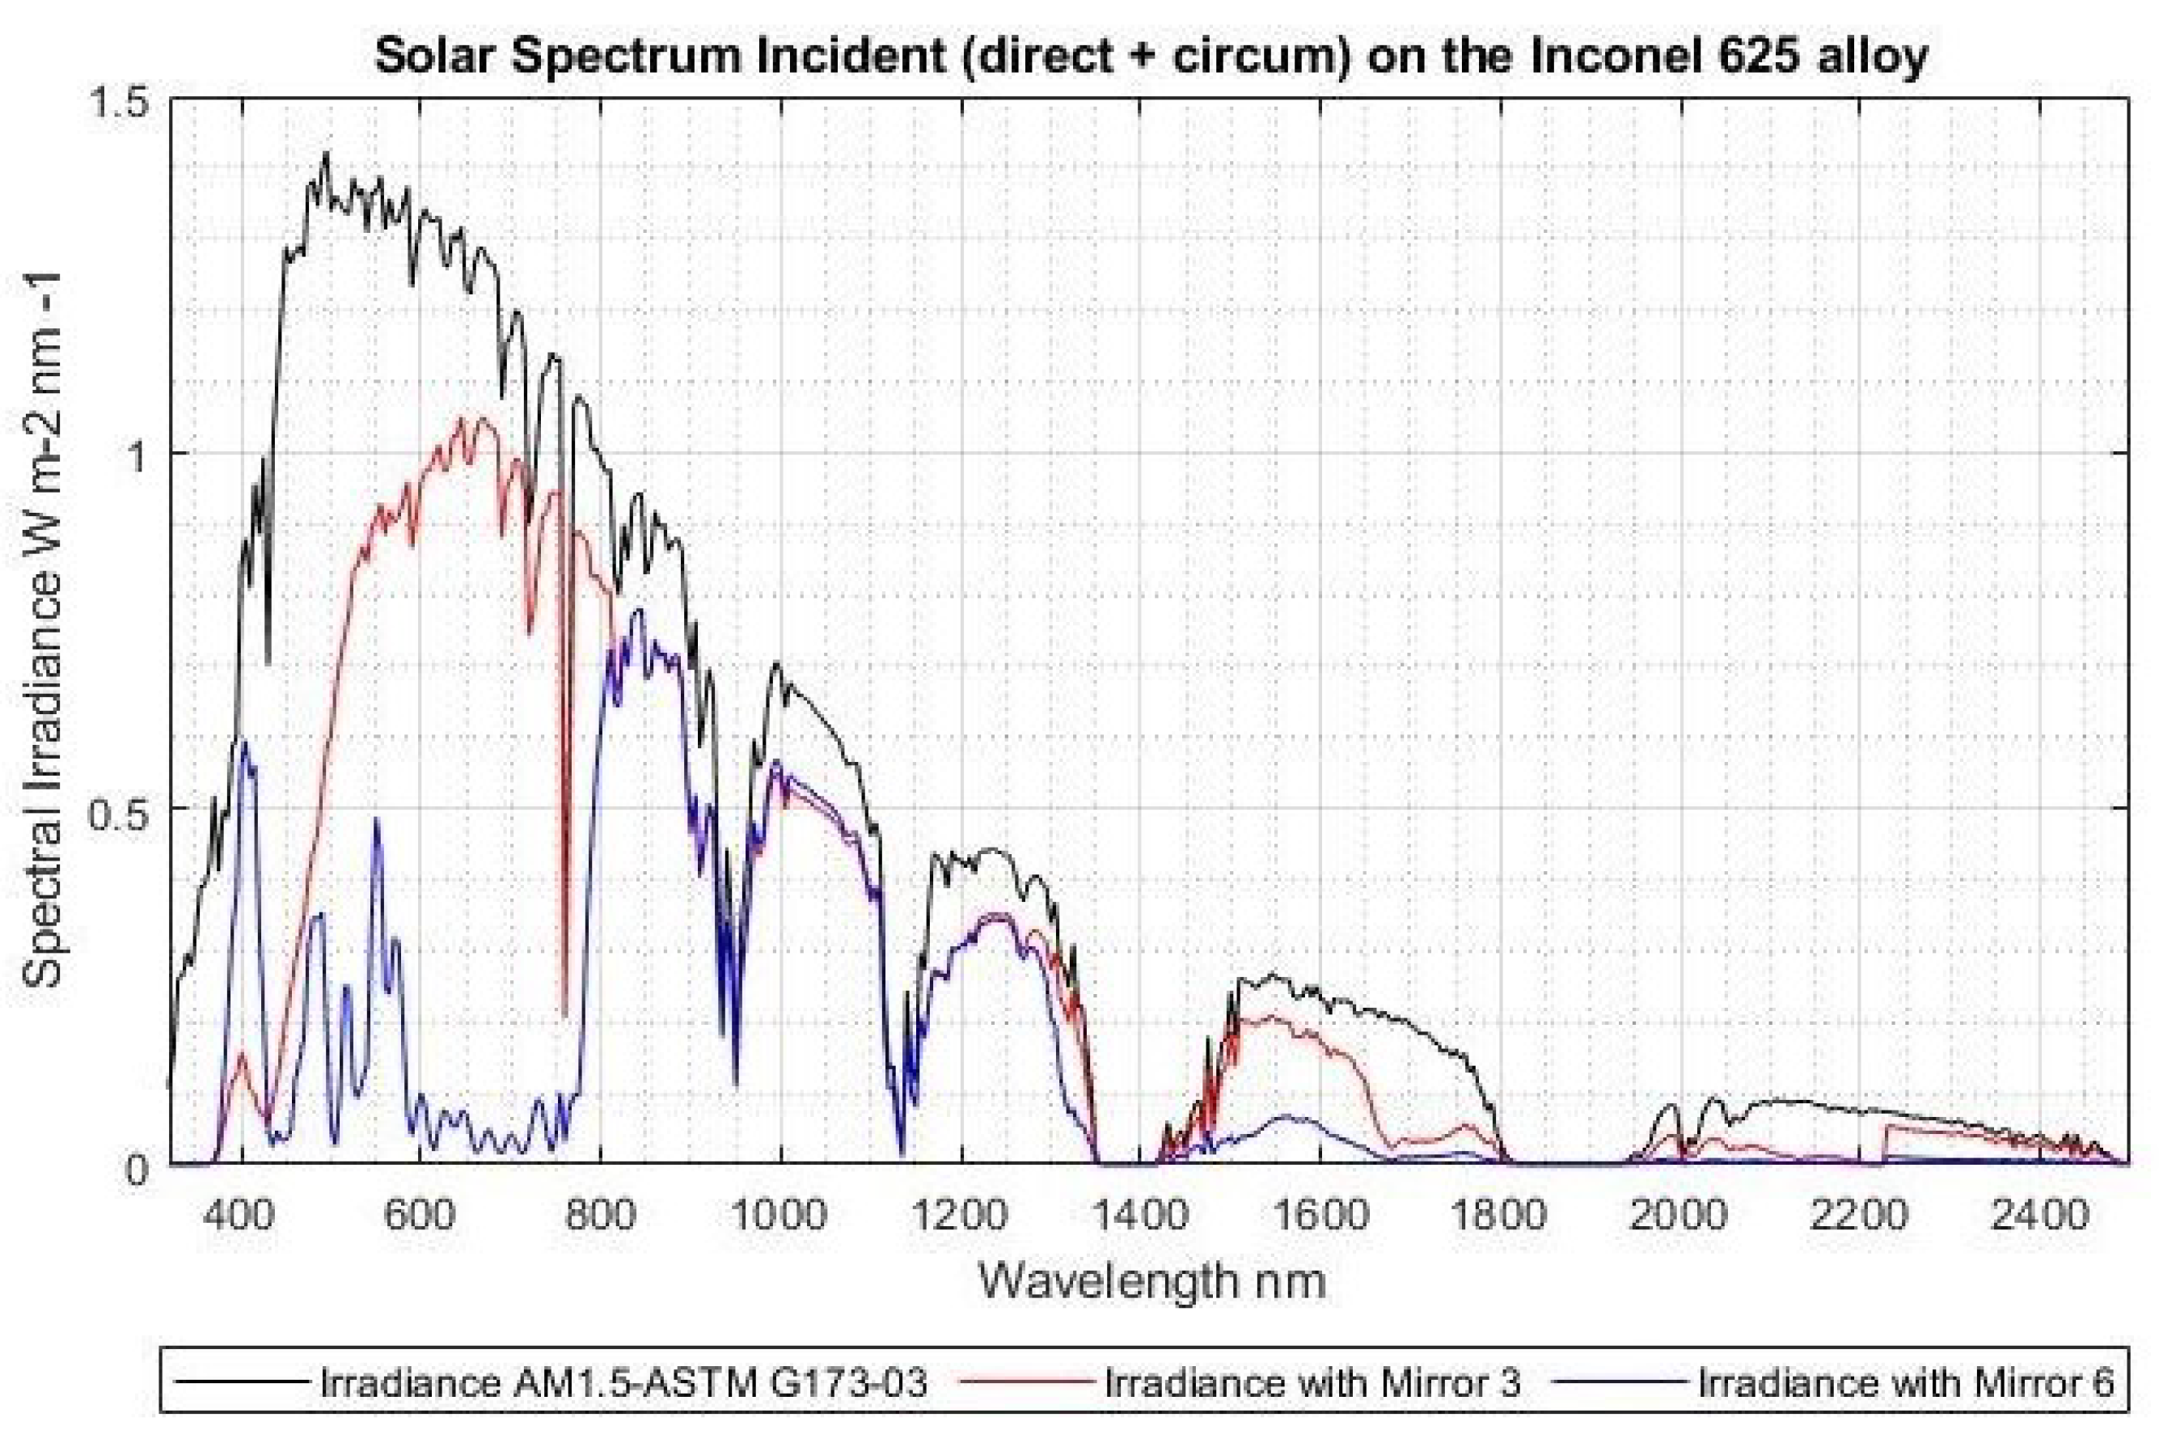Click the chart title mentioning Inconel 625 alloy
pos(1151,57)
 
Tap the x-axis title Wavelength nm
pos(1151,1281)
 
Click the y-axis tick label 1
pos(137,455)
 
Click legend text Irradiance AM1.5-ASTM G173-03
pos(623,1382)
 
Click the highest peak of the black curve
pos(326,153)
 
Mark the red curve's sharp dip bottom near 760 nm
pos(566,1014)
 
